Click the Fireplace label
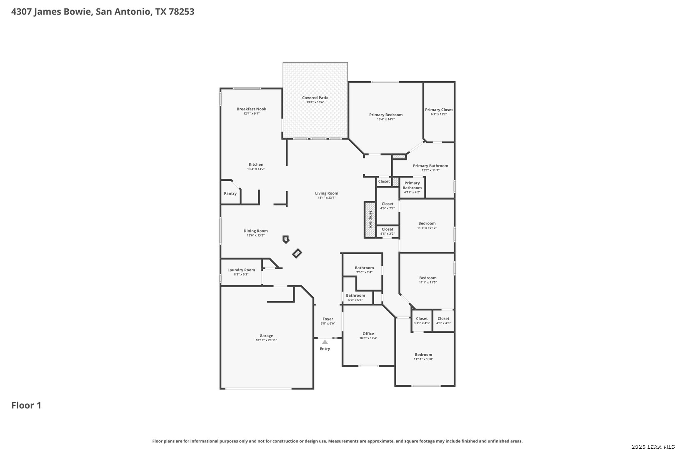point(371,220)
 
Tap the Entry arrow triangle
point(325,342)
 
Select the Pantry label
point(230,193)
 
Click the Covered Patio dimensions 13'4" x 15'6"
point(315,102)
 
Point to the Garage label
point(266,336)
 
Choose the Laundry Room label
point(241,270)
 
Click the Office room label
point(368,334)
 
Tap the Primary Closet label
point(439,110)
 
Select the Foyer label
point(328,319)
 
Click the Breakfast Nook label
point(251,109)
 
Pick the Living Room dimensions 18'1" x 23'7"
point(327,198)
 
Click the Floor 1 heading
point(26,405)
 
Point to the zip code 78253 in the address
point(181,11)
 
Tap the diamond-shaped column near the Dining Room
point(297,253)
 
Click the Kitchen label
point(256,165)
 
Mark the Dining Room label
point(255,231)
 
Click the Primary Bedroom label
point(386,115)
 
